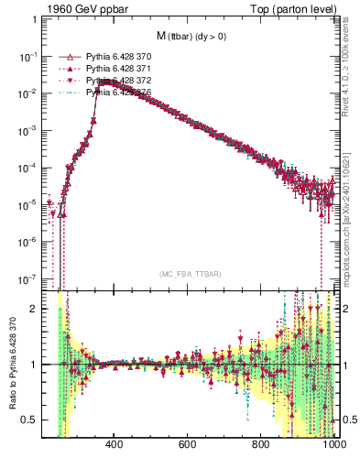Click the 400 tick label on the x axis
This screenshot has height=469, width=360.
[x=115, y=445]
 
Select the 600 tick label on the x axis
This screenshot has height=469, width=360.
[x=188, y=445]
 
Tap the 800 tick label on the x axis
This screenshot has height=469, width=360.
[x=261, y=445]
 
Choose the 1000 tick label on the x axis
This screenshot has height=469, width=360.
[x=332, y=445]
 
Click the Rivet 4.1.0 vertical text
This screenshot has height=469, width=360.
[x=354, y=70]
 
